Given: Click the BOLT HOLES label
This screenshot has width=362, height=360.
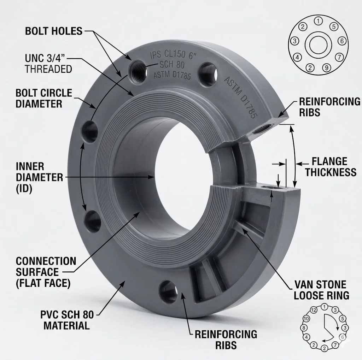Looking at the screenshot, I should point(53,31).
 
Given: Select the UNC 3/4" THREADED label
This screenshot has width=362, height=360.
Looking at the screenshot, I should point(48,63).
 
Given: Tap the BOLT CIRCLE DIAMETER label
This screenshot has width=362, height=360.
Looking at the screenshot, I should point(44,98).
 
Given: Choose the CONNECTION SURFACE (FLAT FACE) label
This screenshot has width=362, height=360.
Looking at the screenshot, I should point(46,272).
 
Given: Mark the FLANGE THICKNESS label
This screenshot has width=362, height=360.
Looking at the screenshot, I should point(331,167).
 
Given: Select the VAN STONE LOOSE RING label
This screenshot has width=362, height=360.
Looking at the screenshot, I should point(321,290).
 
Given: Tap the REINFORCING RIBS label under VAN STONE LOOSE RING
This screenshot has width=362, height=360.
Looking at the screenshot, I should point(226,339).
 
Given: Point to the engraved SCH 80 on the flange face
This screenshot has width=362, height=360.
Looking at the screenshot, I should point(173,65).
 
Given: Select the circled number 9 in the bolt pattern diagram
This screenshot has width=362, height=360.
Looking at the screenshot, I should point(327,67).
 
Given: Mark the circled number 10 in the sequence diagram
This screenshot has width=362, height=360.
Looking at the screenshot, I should point(306,319).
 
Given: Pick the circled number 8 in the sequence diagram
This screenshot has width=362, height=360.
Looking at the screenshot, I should point(304,328).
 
